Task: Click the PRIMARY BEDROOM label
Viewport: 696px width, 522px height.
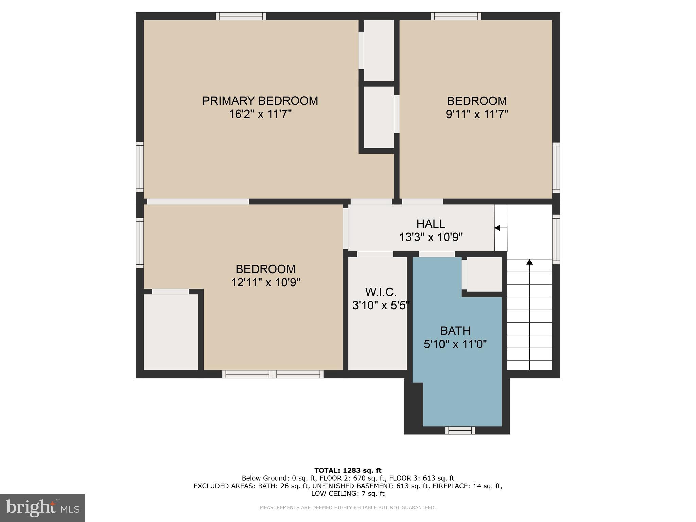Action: pyautogui.click(x=260, y=101)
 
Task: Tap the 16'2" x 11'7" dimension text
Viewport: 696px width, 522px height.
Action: pyautogui.click(x=260, y=114)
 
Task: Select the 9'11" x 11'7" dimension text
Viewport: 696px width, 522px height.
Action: pyautogui.click(x=477, y=114)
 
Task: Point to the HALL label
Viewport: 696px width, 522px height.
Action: pyautogui.click(x=431, y=224)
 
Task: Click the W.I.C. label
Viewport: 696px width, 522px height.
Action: pyautogui.click(x=381, y=292)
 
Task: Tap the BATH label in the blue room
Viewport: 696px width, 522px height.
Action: pyautogui.click(x=455, y=331)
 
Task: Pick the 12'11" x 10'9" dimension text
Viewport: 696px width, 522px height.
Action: pyautogui.click(x=266, y=282)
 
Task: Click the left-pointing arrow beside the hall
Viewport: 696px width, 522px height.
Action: pyautogui.click(x=501, y=228)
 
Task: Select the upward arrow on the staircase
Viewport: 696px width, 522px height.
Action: pyautogui.click(x=529, y=314)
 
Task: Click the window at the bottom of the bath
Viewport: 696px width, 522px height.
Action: pyautogui.click(x=460, y=430)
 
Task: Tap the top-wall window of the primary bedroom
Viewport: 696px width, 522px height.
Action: pyautogui.click(x=241, y=16)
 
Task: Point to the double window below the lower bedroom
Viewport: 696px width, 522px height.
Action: pyautogui.click(x=273, y=374)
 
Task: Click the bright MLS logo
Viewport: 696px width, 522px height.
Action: pyautogui.click(x=42, y=508)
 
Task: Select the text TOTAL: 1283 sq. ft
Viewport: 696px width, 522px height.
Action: pyautogui.click(x=348, y=471)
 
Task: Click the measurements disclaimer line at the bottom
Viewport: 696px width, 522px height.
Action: pyautogui.click(x=348, y=508)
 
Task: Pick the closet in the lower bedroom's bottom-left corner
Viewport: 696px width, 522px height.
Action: pyautogui.click(x=171, y=332)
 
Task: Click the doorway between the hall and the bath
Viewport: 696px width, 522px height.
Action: pyautogui.click(x=437, y=254)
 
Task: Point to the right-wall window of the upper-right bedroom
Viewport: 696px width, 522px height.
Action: pyautogui.click(x=556, y=168)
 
